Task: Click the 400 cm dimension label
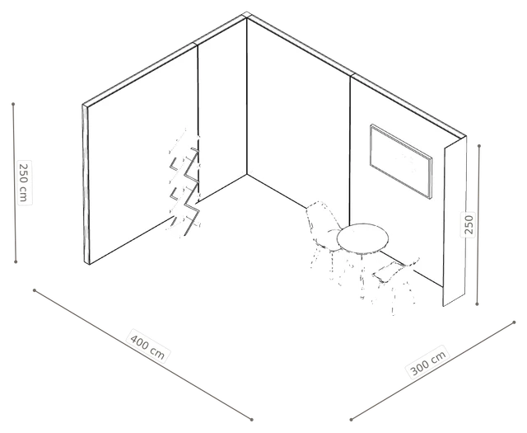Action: click(147, 346)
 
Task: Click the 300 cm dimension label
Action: click(428, 362)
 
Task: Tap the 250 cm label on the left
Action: click(24, 182)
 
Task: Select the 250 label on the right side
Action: click(469, 224)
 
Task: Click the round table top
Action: click(362, 238)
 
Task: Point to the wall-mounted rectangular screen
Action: click(401, 162)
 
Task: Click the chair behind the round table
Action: click(324, 237)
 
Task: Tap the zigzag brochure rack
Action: click(184, 184)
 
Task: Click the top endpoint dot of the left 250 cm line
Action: click(13, 104)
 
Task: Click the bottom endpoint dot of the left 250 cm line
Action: click(16, 261)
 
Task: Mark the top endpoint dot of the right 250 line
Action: click(479, 146)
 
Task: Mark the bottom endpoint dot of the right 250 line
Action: click(477, 304)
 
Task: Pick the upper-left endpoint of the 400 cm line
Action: click(35, 289)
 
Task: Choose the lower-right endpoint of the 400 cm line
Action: click(251, 420)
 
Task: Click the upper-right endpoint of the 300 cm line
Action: click(514, 322)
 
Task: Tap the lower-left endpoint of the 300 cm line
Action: click(351, 420)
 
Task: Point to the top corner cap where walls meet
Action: click(246, 15)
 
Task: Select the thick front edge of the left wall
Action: click(86, 184)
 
